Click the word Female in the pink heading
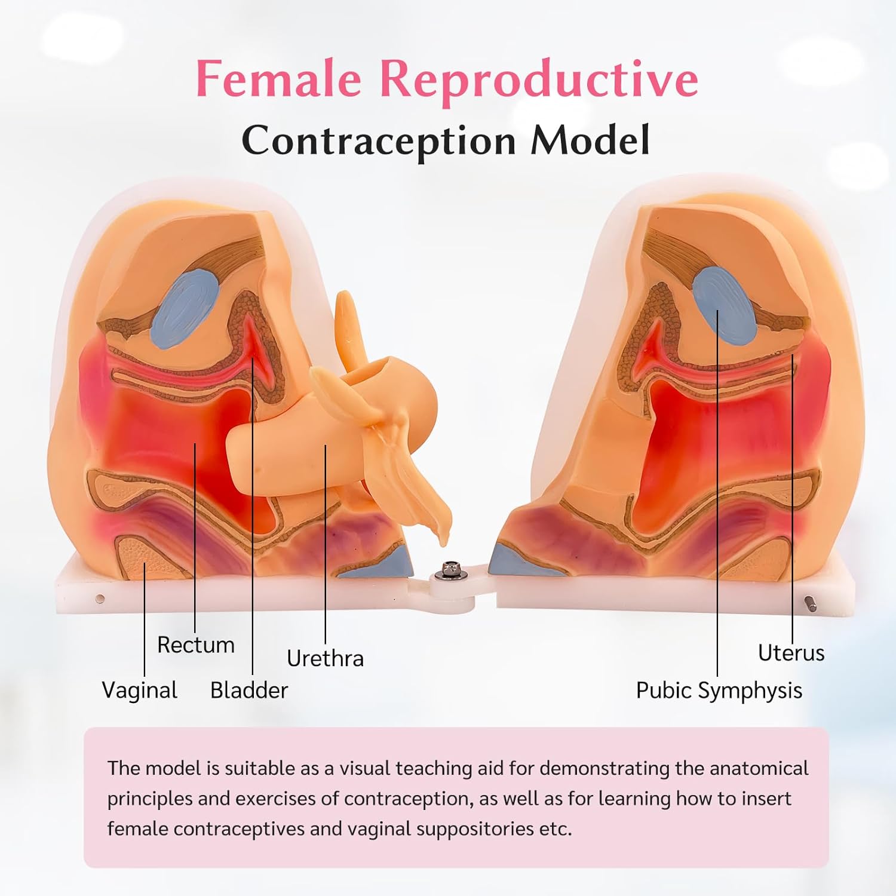click(278, 79)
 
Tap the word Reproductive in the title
click(539, 79)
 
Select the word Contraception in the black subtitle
click(379, 141)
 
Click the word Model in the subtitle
click(590, 141)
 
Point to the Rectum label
click(196, 645)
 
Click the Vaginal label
click(140, 691)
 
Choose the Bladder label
click(249, 691)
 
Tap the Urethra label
click(325, 658)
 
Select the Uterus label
click(791, 653)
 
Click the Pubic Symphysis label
click(719, 691)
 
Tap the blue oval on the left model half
click(185, 309)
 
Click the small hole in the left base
click(100, 598)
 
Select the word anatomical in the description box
click(759, 768)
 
